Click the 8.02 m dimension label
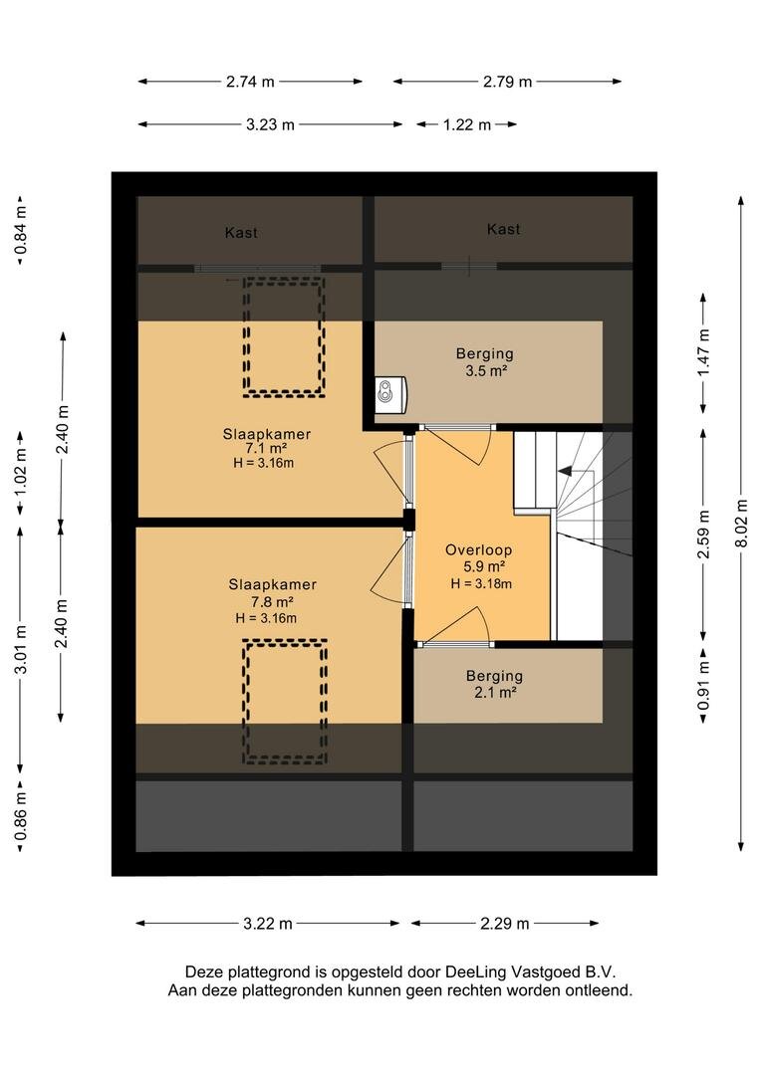tap(741, 524)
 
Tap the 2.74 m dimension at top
tap(250, 82)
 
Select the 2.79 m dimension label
tap(508, 82)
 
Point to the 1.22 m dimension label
tap(467, 124)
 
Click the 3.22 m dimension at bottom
tap(268, 924)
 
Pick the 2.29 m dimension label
tap(505, 924)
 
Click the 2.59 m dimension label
tap(703, 535)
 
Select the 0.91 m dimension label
tap(703, 687)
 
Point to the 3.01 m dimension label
tap(21, 649)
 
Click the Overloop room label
tap(479, 549)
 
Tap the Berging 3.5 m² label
tap(485, 362)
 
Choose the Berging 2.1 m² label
tap(495, 684)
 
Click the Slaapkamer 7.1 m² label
tap(266, 441)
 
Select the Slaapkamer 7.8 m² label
tap(272, 593)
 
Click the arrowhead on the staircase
tap(566, 472)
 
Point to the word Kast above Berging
tap(504, 229)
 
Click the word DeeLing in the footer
tap(472, 971)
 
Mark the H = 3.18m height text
tap(482, 584)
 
